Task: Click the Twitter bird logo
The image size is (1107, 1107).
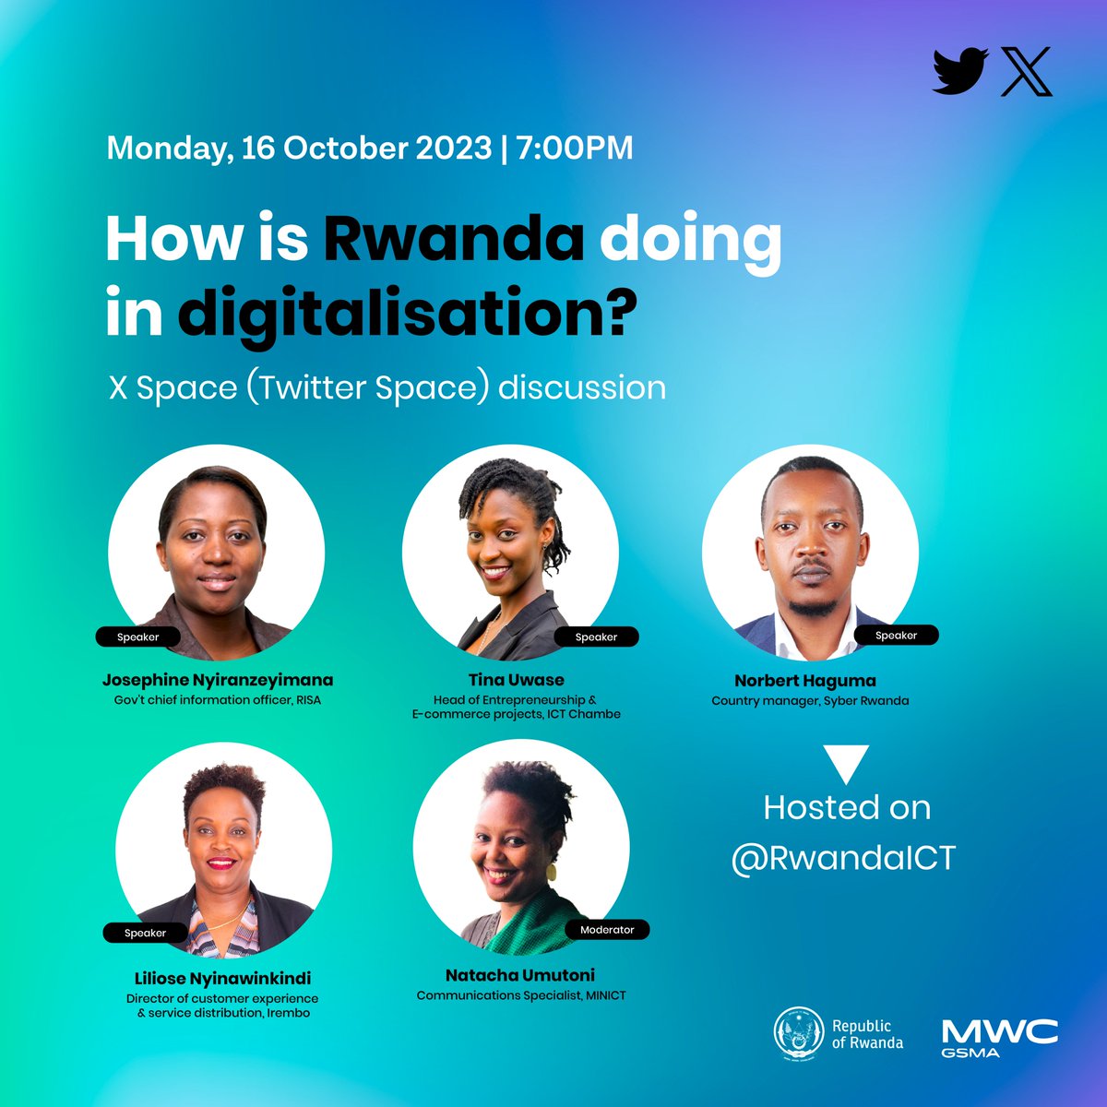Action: (960, 72)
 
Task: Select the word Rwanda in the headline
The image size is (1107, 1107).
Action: (453, 240)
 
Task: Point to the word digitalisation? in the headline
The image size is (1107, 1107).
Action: (407, 314)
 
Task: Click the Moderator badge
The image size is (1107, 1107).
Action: (607, 930)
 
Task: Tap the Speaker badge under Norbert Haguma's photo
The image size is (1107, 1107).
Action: (896, 636)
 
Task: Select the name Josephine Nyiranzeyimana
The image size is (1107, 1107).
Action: (218, 681)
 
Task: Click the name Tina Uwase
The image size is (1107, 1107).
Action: (516, 681)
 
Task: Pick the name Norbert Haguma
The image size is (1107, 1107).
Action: (805, 682)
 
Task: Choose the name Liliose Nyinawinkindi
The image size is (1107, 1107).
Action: (221, 978)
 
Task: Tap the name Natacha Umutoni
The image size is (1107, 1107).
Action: (520, 975)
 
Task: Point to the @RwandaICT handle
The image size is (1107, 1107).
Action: (843, 858)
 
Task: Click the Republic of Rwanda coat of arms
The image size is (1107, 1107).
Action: (798, 1034)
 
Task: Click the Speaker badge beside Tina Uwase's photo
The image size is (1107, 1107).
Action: (596, 637)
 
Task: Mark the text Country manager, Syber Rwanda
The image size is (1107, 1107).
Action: (810, 701)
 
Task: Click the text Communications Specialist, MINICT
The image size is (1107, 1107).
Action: (521, 996)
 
